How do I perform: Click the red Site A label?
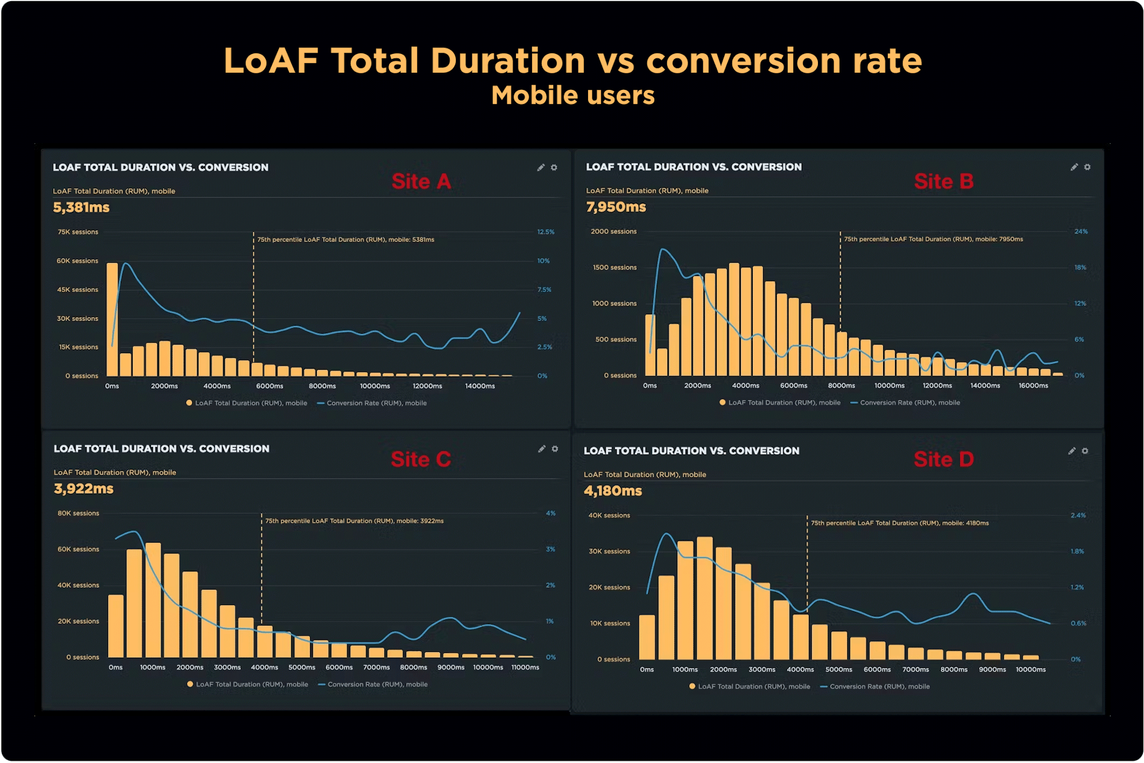421,181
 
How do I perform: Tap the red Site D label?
943,459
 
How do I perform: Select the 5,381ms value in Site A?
81,207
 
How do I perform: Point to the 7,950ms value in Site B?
615,207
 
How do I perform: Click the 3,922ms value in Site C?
84,488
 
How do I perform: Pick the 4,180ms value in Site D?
613,491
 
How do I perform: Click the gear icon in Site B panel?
1087,167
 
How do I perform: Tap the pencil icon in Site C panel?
541,449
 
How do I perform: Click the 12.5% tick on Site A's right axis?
546,232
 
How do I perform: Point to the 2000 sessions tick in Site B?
613,231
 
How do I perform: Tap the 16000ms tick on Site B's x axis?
1033,385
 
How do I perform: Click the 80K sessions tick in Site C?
78,513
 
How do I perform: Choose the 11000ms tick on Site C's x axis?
525,667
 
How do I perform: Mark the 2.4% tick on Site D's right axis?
1078,515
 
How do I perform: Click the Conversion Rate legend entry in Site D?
875,686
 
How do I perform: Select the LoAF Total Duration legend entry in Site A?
247,403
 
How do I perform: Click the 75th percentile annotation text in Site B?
934,239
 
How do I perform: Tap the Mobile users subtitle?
573,95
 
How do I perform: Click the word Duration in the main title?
508,61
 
